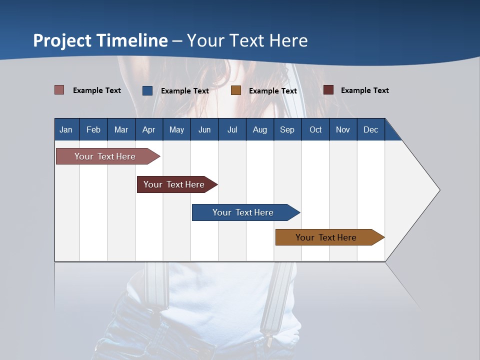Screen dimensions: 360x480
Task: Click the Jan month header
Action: pos(66,129)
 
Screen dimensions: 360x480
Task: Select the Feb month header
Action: pos(93,129)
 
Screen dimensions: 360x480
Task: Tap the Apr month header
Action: pos(148,129)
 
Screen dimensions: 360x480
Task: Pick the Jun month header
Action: pos(204,129)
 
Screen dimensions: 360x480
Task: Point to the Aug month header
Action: pos(259,129)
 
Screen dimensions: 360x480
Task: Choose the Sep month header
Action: pos(287,129)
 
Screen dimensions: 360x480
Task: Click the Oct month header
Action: pos(315,129)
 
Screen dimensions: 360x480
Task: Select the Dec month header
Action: pos(370,129)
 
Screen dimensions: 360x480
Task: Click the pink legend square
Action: pos(59,90)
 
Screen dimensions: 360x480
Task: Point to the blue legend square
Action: pos(147,90)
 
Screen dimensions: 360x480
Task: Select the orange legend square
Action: pos(236,90)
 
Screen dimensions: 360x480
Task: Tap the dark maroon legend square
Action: pos(328,90)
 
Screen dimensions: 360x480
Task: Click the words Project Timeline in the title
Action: pos(100,40)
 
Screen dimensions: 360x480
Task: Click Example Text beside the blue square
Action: pos(185,91)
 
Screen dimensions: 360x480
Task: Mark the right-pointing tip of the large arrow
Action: pos(438,189)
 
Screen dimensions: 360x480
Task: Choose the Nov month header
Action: pos(343,129)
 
